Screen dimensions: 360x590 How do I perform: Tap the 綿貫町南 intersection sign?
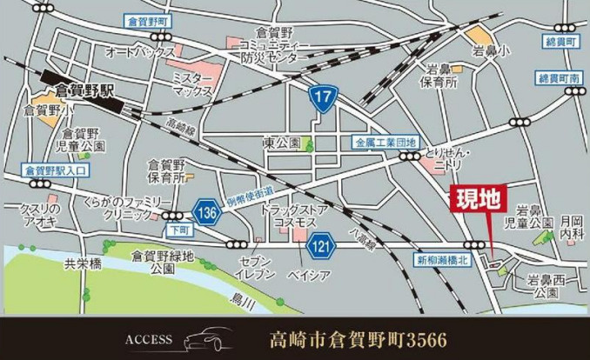(558, 78)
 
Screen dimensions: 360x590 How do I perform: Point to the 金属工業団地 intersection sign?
(386, 141)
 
